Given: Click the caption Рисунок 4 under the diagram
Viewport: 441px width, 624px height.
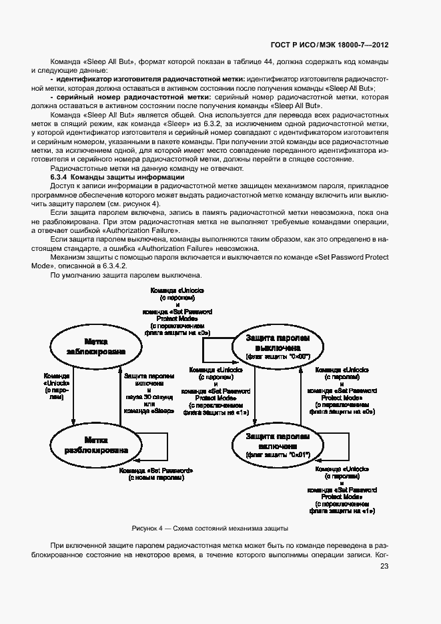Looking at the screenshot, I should (210, 528).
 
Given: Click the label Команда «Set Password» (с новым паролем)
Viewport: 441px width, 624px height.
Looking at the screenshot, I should (156, 474).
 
